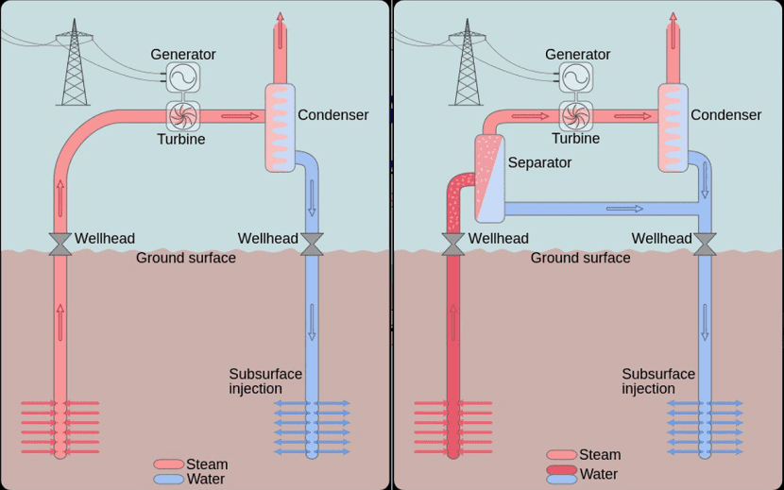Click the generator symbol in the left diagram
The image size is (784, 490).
point(183,76)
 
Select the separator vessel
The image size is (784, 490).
point(489,173)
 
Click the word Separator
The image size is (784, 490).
point(539,162)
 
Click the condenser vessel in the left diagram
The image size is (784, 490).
point(280,127)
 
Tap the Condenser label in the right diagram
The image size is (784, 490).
point(725,115)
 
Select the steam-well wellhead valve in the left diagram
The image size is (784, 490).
point(60,243)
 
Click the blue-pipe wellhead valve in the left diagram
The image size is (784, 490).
point(312,243)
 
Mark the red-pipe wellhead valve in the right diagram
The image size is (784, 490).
point(453,243)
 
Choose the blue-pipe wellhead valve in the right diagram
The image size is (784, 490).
point(705,243)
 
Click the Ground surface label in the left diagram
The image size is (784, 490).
point(186,258)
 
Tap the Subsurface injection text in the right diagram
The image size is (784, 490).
point(658,381)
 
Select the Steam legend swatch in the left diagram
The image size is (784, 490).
point(168,465)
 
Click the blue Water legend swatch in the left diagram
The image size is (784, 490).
point(168,479)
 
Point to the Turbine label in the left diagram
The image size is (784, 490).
point(180,139)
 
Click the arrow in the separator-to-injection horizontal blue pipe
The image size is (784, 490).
point(624,208)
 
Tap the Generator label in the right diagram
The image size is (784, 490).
point(577,55)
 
